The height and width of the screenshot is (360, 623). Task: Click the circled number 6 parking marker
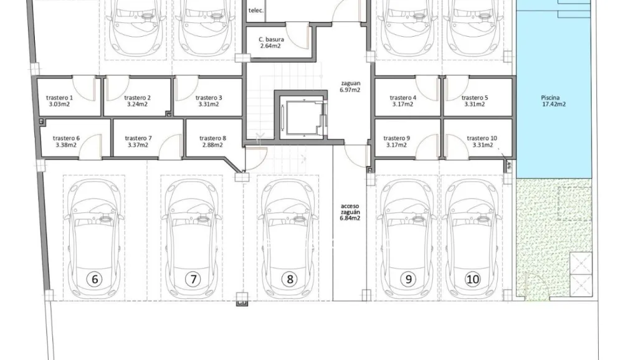(95, 279)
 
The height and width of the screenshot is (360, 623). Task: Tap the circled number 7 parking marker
(193, 279)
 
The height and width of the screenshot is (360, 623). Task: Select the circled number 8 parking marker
(289, 279)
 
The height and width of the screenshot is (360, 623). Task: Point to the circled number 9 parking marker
(409, 279)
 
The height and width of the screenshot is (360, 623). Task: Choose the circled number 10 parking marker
(473, 279)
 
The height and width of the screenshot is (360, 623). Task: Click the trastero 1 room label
(60, 101)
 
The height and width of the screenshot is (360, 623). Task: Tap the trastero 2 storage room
(138, 101)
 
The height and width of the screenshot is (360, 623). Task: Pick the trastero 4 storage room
(403, 101)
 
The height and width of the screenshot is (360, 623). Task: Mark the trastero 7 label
(138, 141)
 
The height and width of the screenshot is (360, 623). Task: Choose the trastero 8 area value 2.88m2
(212, 145)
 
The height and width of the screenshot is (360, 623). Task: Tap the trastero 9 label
(397, 141)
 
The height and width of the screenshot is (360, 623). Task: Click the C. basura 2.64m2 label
(272, 42)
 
